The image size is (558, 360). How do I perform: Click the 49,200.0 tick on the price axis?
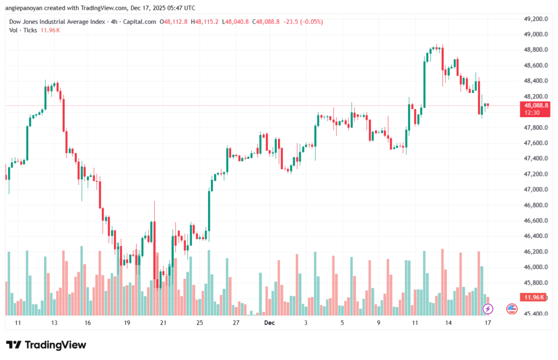[535, 19]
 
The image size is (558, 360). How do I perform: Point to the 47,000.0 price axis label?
[535, 190]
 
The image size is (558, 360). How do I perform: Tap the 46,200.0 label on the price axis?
[535, 252]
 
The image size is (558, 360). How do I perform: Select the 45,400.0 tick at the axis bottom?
[535, 314]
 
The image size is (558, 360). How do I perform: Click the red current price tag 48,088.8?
[535, 105]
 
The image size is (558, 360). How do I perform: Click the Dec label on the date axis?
[269, 323]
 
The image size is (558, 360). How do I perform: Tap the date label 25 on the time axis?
[199, 323]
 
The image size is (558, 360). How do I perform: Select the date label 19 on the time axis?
[127, 323]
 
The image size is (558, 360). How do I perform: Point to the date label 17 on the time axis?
[488, 323]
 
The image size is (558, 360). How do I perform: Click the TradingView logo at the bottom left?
[46, 345]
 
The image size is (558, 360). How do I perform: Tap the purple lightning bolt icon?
[488, 309]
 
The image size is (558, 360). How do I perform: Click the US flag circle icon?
[512, 309]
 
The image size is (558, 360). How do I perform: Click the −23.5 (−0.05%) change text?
[305, 22]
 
